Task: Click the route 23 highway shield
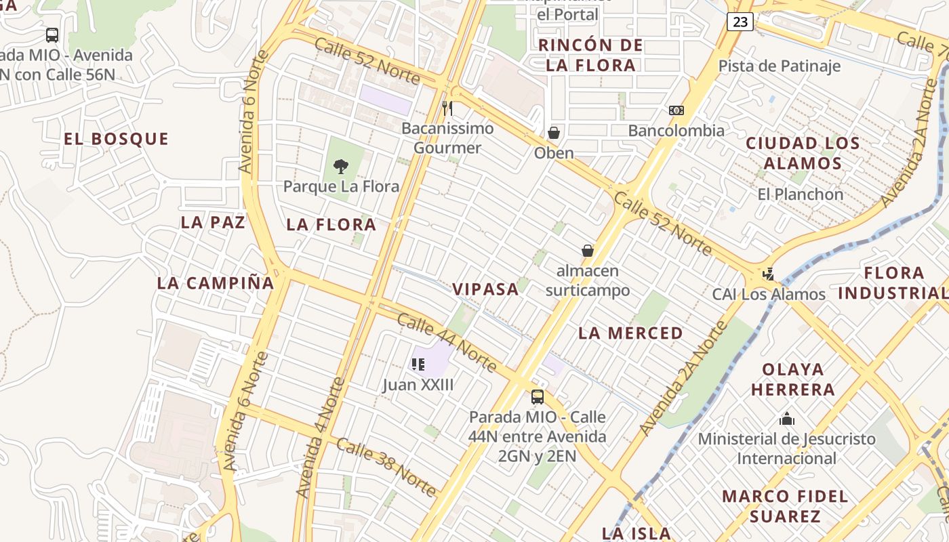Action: tap(740, 22)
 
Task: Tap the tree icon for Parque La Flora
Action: tap(341, 166)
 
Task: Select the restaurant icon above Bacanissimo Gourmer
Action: tap(447, 108)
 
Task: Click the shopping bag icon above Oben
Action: tap(554, 133)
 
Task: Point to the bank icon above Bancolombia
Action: tap(676, 110)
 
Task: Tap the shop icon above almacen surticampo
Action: tap(588, 251)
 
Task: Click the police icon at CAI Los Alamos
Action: tap(768, 274)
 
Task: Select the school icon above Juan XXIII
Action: tap(418, 364)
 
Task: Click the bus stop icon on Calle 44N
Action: tap(538, 396)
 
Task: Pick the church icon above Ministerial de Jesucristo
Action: tap(786, 419)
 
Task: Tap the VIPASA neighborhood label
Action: tap(485, 289)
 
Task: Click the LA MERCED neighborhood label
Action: tap(630, 333)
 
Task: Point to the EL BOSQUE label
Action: tap(116, 139)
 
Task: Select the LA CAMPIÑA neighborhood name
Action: tap(215, 283)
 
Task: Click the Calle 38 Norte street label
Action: tap(386, 467)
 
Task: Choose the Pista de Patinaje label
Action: tap(779, 66)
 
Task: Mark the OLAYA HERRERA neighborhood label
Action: tap(792, 379)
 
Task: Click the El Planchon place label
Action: tap(800, 194)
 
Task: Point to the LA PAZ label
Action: tap(213, 222)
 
